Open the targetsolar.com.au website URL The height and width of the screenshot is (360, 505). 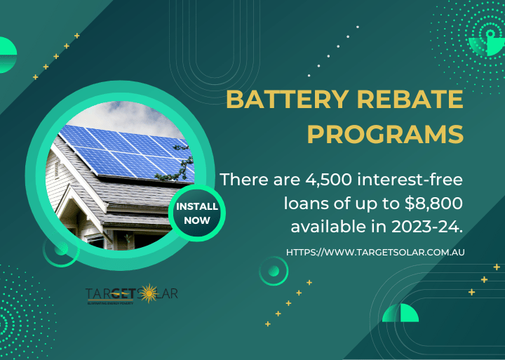(x=377, y=251)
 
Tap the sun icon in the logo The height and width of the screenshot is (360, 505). (x=148, y=293)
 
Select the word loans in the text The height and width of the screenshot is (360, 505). (x=307, y=204)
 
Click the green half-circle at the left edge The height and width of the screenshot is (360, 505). (x=7, y=55)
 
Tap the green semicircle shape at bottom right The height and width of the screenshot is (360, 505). (x=400, y=314)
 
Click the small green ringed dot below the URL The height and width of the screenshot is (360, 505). (x=274, y=271)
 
